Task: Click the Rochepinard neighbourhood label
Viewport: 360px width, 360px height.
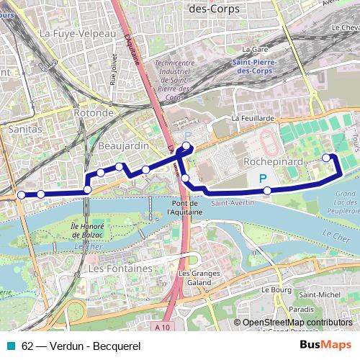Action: (273, 162)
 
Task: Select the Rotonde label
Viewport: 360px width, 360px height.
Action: (94, 113)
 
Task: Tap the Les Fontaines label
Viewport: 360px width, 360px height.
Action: (119, 268)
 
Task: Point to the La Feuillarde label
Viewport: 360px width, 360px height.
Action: (254, 117)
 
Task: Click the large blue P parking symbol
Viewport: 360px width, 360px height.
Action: (263, 179)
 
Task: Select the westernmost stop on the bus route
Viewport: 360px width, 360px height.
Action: (21, 195)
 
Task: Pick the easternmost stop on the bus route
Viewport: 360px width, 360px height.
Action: (327, 157)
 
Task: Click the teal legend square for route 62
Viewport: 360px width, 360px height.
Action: (10, 346)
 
